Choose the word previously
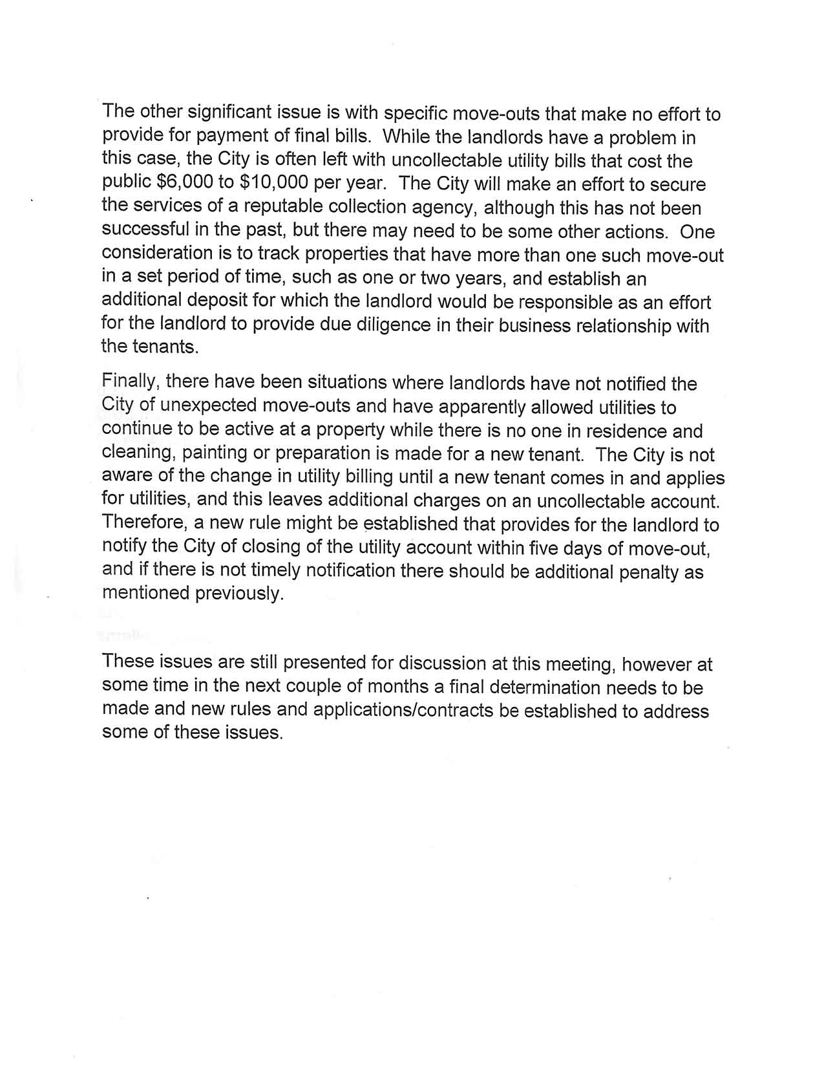(x=240, y=594)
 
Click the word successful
(x=145, y=230)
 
